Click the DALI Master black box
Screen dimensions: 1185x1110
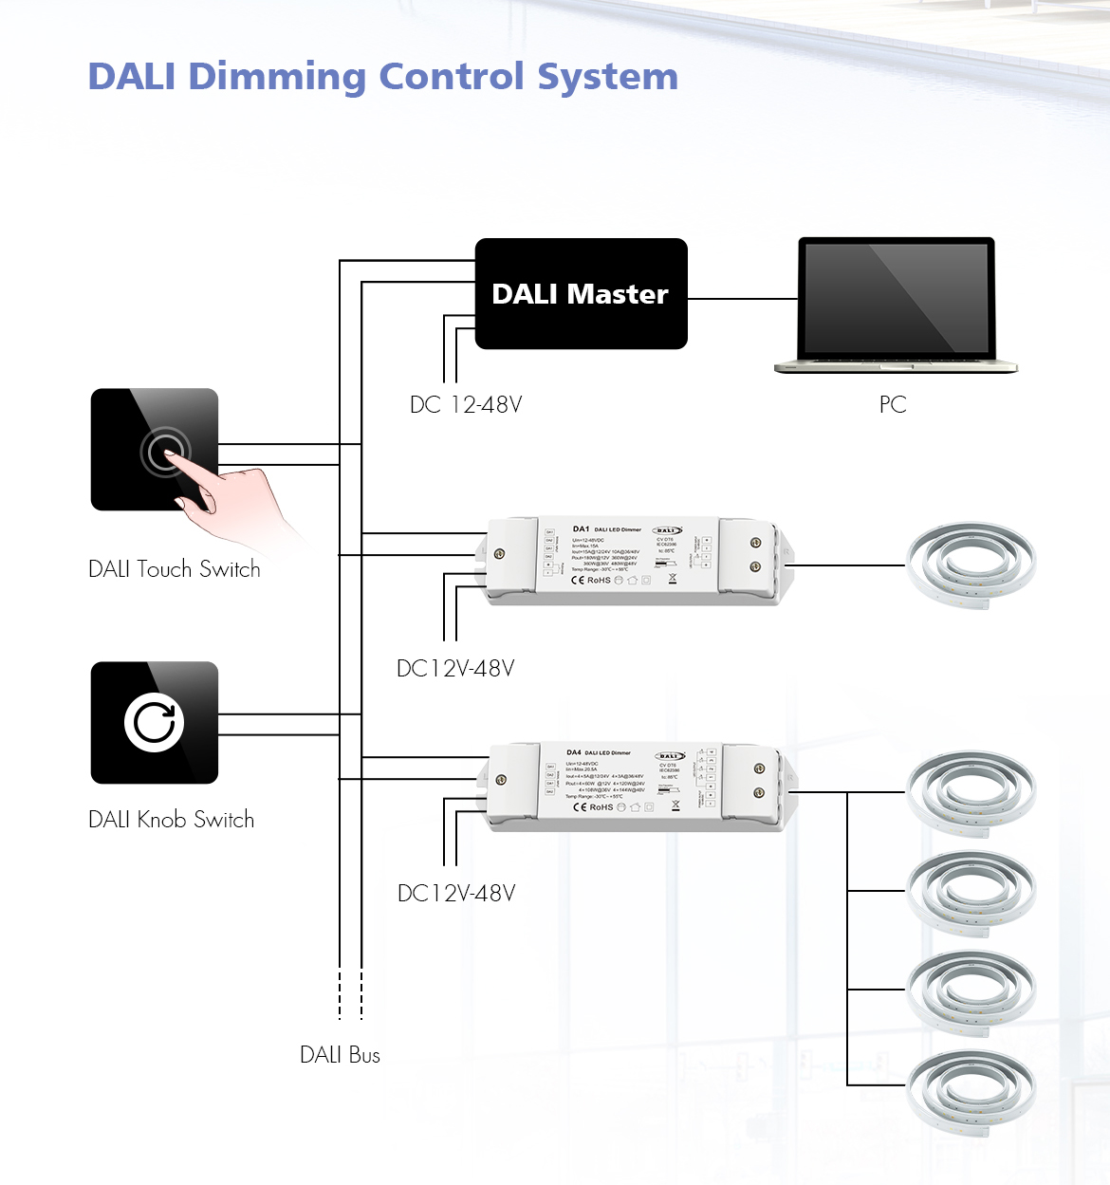click(581, 294)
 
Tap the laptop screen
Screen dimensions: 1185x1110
click(896, 297)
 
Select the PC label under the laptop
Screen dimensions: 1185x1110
click(893, 405)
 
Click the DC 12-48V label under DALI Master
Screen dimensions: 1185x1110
click(466, 405)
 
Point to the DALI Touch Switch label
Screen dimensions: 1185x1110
click(175, 569)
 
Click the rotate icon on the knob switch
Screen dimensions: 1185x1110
click(154, 723)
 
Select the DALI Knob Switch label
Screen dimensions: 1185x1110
click(172, 820)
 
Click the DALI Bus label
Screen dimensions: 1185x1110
click(340, 1055)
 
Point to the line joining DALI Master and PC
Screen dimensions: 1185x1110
click(742, 299)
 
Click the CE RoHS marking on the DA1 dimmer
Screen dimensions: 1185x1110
click(591, 580)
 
